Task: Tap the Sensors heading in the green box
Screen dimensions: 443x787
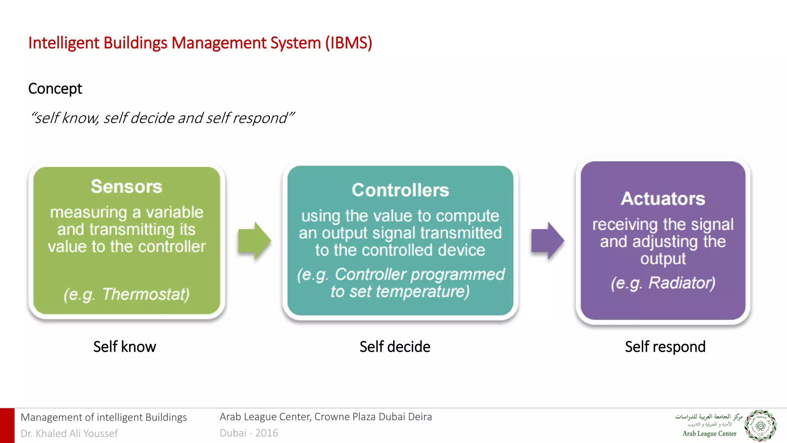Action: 126,187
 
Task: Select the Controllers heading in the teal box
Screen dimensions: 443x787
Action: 400,190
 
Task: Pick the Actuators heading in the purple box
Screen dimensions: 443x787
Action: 663,199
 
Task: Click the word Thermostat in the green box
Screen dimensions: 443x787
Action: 145,295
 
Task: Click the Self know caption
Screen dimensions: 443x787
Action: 125,347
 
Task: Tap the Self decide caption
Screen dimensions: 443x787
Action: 395,347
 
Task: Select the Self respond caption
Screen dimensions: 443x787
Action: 665,347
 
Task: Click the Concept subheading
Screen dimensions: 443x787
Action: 55,89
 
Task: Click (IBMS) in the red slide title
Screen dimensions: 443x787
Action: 349,43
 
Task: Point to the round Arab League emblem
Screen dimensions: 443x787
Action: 760,426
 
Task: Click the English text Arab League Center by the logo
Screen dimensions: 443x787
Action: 709,434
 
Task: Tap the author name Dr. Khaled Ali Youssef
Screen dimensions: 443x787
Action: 69,433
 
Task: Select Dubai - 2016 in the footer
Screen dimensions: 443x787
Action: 249,433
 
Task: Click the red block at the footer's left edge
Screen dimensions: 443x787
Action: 7,426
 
